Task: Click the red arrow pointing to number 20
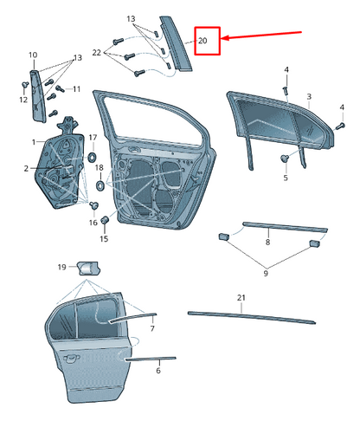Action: [262, 35]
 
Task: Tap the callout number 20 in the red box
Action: [202, 41]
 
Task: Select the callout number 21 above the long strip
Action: [241, 298]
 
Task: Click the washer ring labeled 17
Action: [93, 158]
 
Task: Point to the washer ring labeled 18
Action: [100, 185]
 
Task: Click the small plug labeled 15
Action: [105, 220]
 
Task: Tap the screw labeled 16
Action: [93, 205]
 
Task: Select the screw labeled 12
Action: [24, 85]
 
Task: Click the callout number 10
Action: [33, 55]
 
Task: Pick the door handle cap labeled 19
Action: [88, 269]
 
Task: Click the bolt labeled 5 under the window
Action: [285, 158]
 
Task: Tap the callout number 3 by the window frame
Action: [309, 96]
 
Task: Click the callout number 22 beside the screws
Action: [97, 53]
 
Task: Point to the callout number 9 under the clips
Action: [266, 273]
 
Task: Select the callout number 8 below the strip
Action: [267, 242]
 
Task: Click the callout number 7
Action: [152, 328]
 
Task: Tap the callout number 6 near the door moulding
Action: [158, 370]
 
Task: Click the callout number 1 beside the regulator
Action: [34, 142]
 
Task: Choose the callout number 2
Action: [26, 168]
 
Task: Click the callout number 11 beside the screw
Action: [76, 89]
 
